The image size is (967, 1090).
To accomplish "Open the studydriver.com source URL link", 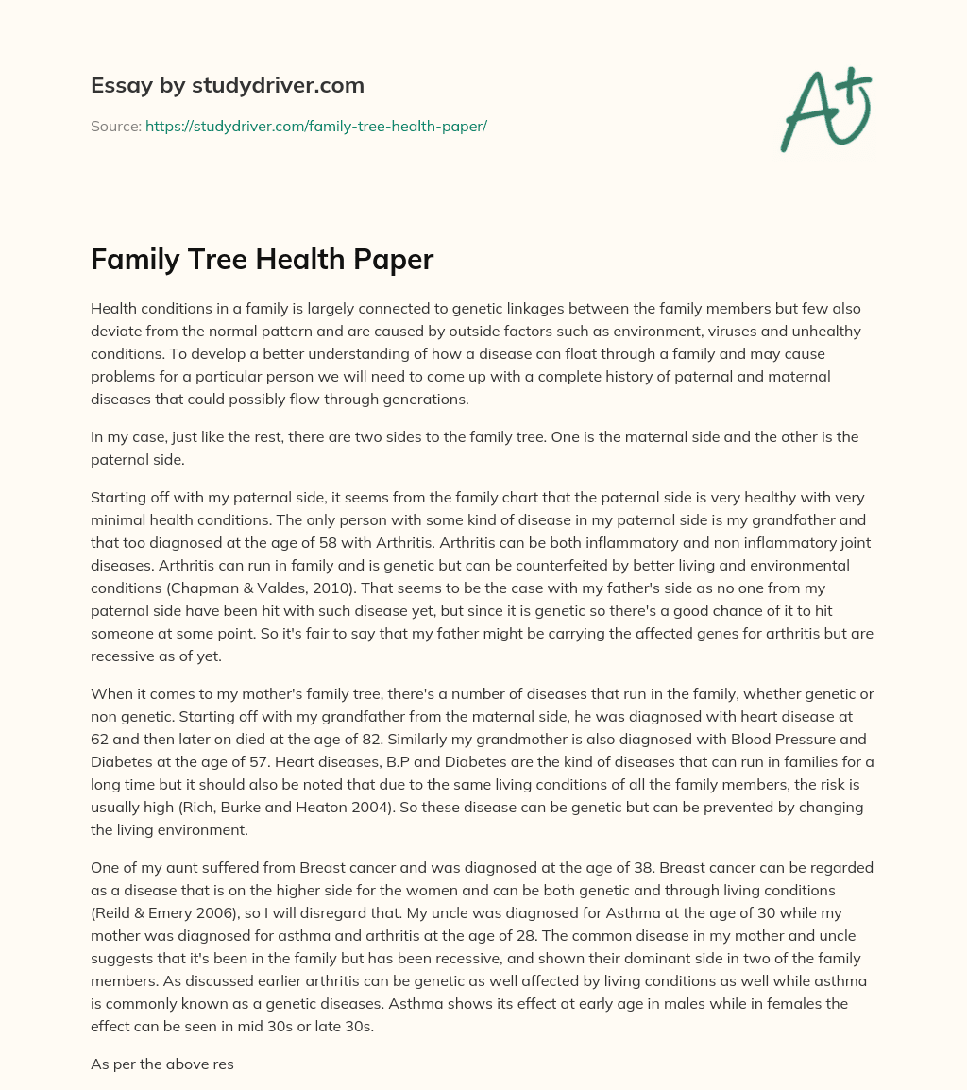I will pos(315,126).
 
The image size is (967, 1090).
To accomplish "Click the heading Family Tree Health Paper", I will pos(262,260).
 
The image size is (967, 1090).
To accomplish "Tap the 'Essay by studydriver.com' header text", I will pos(227,85).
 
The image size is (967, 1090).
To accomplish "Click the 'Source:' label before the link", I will pos(115,126).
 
